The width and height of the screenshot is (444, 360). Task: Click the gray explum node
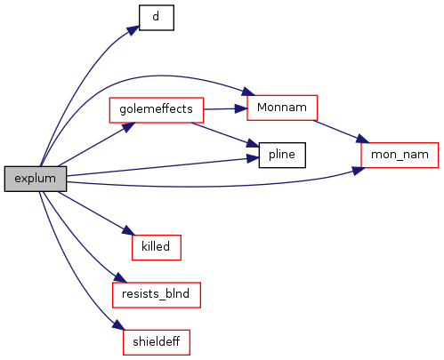click(x=36, y=179)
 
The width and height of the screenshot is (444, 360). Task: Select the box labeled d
click(x=157, y=18)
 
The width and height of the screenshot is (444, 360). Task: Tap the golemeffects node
click(x=157, y=110)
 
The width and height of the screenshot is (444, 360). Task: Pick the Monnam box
click(x=282, y=108)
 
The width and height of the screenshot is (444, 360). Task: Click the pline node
click(x=282, y=155)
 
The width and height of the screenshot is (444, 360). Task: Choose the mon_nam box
click(x=400, y=155)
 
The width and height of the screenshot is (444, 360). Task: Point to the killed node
click(x=157, y=247)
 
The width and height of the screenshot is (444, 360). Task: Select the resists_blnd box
click(x=157, y=295)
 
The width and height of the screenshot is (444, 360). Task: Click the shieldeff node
click(x=157, y=342)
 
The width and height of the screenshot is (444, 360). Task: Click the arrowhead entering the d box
click(x=133, y=30)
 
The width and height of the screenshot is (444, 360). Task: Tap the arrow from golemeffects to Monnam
click(x=225, y=109)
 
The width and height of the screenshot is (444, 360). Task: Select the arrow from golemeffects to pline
click(x=225, y=135)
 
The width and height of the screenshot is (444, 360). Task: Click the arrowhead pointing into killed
click(x=128, y=231)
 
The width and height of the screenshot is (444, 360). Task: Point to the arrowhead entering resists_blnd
click(x=120, y=278)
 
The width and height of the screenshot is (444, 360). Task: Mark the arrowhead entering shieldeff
click(x=118, y=325)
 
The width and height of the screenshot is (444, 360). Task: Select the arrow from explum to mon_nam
click(x=214, y=187)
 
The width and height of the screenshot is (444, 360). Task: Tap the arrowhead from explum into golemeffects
click(x=128, y=127)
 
